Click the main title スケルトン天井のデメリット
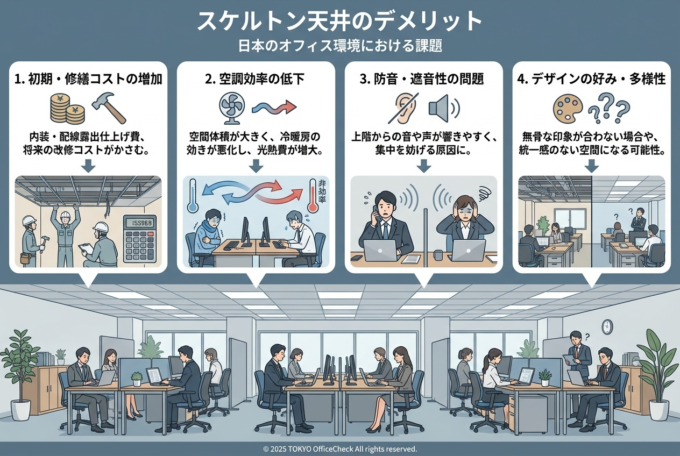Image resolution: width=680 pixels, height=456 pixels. pos(339,21)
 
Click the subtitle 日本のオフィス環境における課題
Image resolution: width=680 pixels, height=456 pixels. pos(339,46)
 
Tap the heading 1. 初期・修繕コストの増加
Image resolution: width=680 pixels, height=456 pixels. pos(89,80)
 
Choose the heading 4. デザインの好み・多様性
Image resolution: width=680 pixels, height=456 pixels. pos(591,80)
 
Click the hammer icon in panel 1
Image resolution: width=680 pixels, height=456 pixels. pos(109,108)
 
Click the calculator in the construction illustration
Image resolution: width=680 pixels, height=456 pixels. pos(139,238)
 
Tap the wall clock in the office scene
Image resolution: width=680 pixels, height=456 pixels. pos(607,326)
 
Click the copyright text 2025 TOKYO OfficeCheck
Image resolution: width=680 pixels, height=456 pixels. pos(339,448)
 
